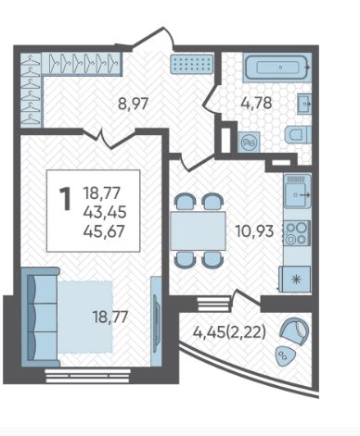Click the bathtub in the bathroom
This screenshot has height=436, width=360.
[x=276, y=68]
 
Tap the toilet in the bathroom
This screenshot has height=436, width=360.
[x=298, y=135]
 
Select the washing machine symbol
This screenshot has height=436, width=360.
[x=250, y=143]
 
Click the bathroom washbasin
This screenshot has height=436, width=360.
[x=304, y=104]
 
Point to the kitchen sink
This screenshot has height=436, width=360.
[x=298, y=191]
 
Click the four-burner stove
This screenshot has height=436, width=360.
[x=297, y=233]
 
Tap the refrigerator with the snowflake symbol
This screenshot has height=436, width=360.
[x=295, y=280]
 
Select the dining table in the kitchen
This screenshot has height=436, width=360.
[x=198, y=230]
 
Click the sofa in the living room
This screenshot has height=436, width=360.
[x=40, y=317]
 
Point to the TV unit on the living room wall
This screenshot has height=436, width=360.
[x=156, y=321]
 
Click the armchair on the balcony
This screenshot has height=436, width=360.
[x=294, y=331]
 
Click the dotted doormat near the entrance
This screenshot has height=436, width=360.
[x=192, y=64]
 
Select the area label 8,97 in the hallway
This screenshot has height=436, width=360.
[x=134, y=104]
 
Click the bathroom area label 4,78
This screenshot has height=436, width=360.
[x=256, y=103]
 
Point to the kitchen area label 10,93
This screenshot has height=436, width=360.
[x=254, y=230]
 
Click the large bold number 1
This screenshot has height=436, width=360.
[x=65, y=199]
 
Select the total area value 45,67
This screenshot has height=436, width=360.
[x=105, y=230]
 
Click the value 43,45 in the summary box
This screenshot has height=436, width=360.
[x=105, y=212]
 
